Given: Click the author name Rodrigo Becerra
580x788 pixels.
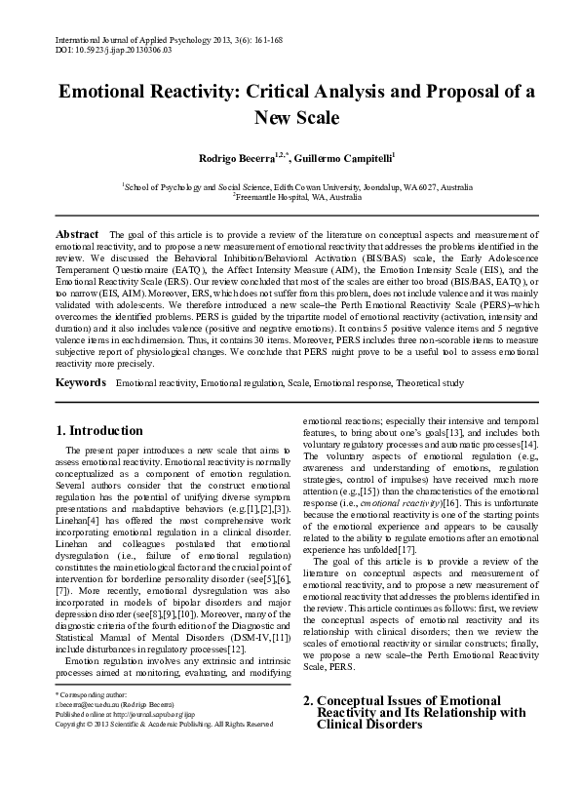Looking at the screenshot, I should tap(220, 157).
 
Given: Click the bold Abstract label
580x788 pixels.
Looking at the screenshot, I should tap(77, 235).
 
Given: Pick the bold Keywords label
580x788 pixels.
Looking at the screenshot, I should tap(81, 358).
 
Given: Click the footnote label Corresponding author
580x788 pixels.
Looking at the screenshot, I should tap(94, 720).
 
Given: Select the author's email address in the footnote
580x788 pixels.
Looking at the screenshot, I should tap(90, 729).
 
